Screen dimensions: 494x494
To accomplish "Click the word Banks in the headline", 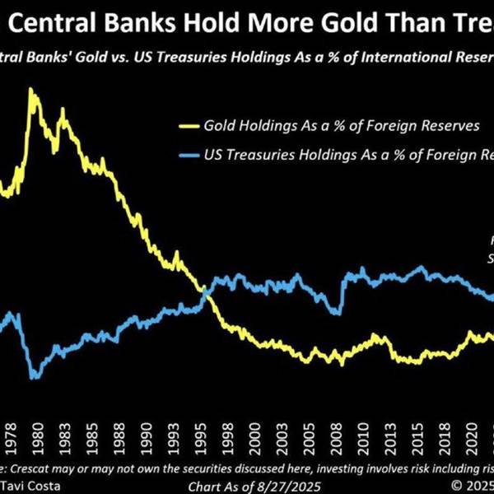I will click(109, 22).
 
